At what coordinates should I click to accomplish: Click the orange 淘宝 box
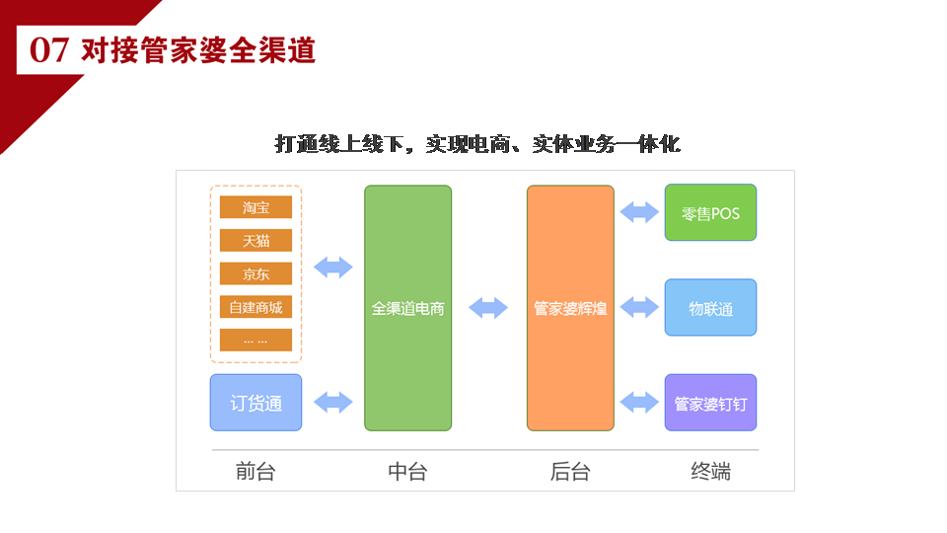255,207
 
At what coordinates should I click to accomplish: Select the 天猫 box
255,241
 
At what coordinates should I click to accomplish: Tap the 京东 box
255,273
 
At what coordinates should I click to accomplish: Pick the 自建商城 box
255,307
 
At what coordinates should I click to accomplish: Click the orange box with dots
255,341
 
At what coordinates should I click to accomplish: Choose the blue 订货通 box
256,403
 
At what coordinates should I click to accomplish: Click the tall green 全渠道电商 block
407,308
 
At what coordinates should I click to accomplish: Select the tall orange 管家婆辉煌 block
570,308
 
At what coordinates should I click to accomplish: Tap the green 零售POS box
710,213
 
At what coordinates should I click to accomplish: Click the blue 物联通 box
710,308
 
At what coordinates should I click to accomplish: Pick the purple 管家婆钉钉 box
710,403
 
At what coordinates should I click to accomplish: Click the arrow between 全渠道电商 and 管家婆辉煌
488,308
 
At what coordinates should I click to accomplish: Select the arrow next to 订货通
333,403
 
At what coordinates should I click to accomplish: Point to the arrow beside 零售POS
639,212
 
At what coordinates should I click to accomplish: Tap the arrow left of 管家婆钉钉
639,403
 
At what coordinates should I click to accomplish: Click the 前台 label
255,472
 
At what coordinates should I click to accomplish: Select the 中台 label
407,472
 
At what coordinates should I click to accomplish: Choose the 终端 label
711,472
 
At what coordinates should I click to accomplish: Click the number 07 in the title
49,50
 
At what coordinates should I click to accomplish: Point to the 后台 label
570,472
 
